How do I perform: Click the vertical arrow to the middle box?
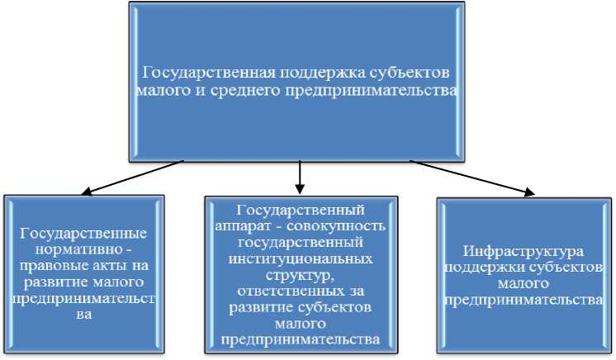click(x=301, y=174)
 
